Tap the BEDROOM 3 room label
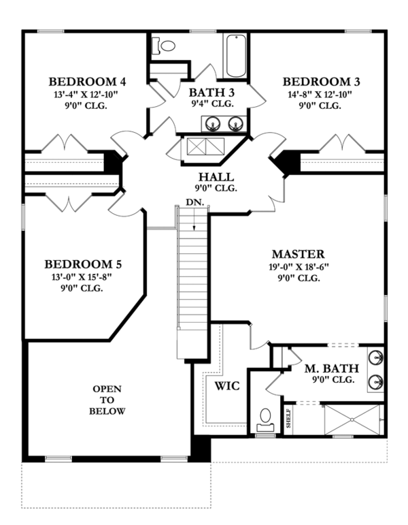click(x=321, y=82)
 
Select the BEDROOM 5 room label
click(x=83, y=264)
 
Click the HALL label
click(x=213, y=176)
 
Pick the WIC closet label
click(x=226, y=385)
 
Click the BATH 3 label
click(x=211, y=92)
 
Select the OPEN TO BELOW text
click(x=107, y=400)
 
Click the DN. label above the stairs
click(x=194, y=203)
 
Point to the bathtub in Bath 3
click(x=237, y=55)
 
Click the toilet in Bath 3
click(x=164, y=46)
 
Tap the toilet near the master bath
click(x=265, y=417)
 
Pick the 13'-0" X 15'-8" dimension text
click(x=83, y=276)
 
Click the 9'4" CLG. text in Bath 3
click(x=211, y=104)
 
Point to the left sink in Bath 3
click(x=212, y=124)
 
